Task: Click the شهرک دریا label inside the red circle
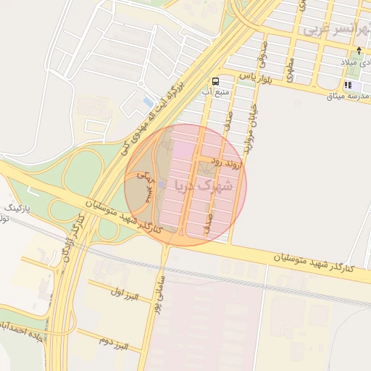(204, 185)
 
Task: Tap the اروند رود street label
(225, 163)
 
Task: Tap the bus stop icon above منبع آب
(215, 81)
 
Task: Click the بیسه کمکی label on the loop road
(148, 185)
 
